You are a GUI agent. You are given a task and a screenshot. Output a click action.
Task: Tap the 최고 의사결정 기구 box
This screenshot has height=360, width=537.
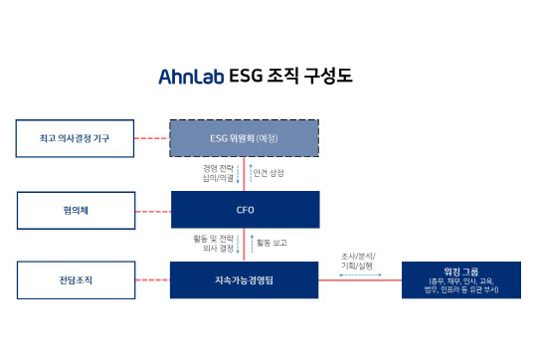(x=75, y=137)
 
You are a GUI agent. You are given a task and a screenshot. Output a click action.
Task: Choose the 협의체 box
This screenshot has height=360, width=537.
(x=75, y=209)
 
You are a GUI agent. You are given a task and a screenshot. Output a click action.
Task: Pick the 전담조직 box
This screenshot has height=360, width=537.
(x=75, y=280)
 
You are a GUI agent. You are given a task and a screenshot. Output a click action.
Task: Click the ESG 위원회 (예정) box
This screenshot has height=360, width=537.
(x=245, y=137)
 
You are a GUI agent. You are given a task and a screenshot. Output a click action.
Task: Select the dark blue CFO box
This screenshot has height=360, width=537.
(x=245, y=209)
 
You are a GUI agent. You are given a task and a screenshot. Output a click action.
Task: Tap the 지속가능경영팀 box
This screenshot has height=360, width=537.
(x=245, y=280)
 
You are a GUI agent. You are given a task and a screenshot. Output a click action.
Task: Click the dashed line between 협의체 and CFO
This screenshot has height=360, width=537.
(x=151, y=209)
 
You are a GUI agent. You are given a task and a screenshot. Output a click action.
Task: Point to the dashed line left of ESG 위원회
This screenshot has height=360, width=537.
(x=151, y=137)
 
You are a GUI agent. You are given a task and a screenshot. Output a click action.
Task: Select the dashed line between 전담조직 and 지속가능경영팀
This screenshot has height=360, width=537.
(x=151, y=280)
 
